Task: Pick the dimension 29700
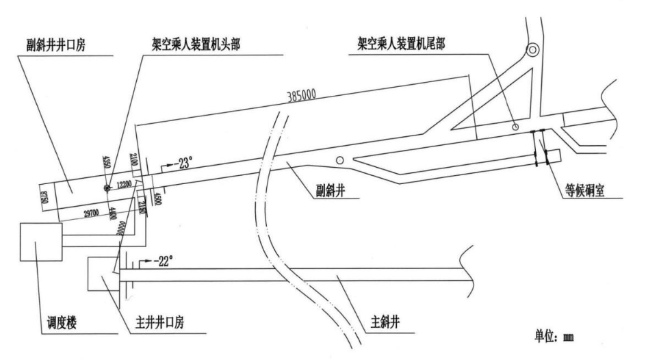[x=81, y=214]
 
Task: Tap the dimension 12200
[x=124, y=184]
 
